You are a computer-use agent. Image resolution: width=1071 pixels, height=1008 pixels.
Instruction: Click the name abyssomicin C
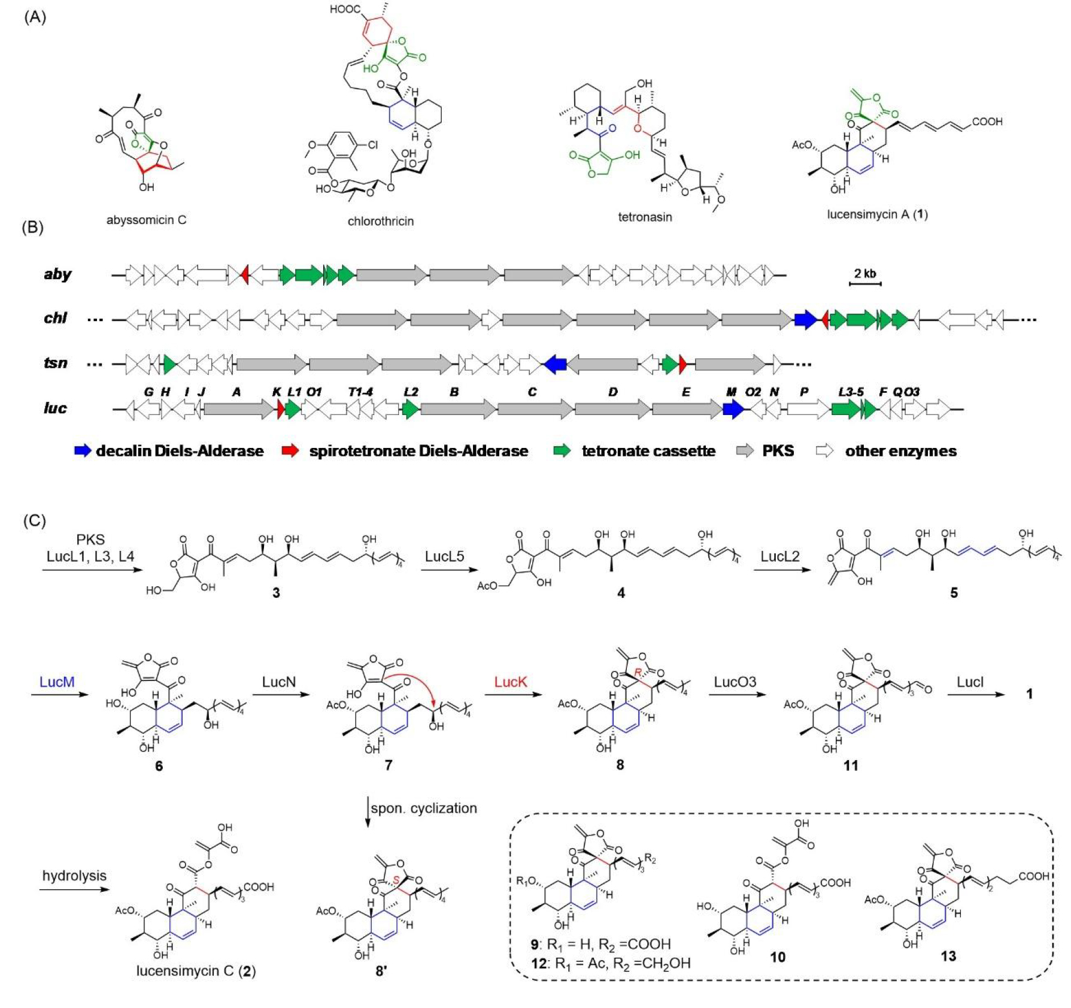[x=146, y=220]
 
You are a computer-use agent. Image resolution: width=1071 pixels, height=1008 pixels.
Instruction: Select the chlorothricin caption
[x=380, y=221]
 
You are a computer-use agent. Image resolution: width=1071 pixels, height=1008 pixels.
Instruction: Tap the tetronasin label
[x=644, y=217]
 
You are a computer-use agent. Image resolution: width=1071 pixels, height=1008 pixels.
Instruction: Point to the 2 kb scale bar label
[x=864, y=273]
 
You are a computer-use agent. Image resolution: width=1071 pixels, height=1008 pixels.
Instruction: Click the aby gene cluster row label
[x=57, y=274]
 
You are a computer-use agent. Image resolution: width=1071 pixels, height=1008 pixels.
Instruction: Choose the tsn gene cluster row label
[x=56, y=362]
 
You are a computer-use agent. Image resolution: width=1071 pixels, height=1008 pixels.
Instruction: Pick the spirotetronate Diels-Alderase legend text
[x=418, y=450]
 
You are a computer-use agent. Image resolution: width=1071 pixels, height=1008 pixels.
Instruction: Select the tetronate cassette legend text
[x=648, y=450]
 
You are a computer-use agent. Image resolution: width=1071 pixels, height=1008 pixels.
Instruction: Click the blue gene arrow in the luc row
[x=733, y=408]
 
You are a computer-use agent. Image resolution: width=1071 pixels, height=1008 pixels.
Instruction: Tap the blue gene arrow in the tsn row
[x=556, y=363]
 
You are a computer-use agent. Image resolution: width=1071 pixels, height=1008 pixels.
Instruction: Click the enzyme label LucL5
[x=444, y=556]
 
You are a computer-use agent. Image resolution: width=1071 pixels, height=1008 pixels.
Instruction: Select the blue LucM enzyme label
[x=57, y=682]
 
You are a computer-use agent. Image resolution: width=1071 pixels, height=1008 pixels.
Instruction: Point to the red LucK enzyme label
[x=510, y=682]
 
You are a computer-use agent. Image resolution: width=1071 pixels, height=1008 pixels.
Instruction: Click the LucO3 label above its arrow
[x=735, y=682]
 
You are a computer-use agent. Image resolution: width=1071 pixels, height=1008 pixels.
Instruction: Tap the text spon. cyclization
[x=423, y=808]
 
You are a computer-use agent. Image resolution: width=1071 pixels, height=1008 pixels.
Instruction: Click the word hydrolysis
[x=74, y=875]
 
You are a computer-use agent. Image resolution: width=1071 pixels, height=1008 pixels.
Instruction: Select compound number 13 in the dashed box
[x=948, y=956]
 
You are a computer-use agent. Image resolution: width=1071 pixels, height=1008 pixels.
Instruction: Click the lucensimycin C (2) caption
[x=196, y=970]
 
